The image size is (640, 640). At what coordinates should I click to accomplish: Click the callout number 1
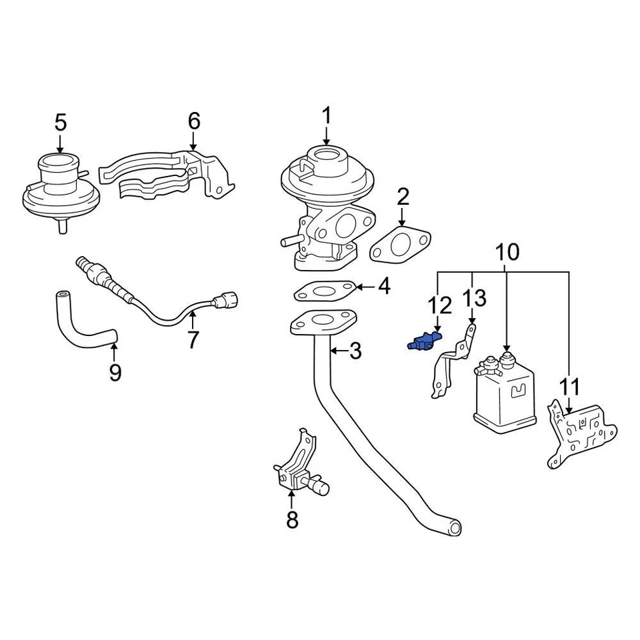pyautogui.click(x=327, y=116)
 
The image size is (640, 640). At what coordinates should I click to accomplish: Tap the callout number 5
pyautogui.click(x=60, y=123)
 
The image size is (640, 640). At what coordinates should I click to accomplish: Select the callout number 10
pyautogui.click(x=507, y=252)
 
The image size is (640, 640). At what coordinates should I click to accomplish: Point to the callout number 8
pyautogui.click(x=292, y=519)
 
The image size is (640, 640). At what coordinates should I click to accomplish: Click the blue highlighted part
pyautogui.click(x=420, y=343)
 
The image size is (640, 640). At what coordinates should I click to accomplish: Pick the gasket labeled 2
pyautogui.click(x=399, y=243)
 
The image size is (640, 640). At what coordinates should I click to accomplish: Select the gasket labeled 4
pyautogui.click(x=323, y=291)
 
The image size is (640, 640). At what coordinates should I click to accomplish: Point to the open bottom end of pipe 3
pyautogui.click(x=454, y=528)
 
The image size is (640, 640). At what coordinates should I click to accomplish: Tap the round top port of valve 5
pyautogui.click(x=60, y=162)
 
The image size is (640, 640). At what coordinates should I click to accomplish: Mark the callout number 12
pyautogui.click(x=440, y=305)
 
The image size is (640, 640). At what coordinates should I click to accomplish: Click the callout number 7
pyautogui.click(x=193, y=340)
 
